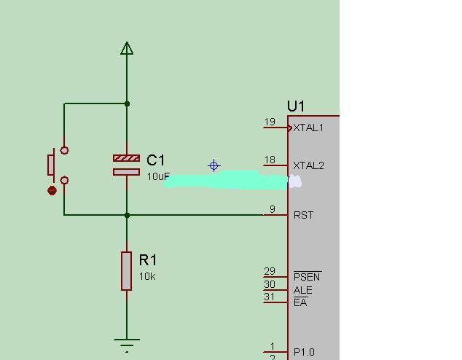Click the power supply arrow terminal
tap(127, 48)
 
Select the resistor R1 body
tap(126, 271)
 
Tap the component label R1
tap(148, 260)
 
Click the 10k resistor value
tap(147, 277)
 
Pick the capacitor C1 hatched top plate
tap(126, 158)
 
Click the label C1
tap(155, 160)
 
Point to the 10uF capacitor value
tap(158, 176)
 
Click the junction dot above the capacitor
tap(127, 103)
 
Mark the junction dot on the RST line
tap(127, 216)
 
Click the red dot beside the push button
tap(52, 191)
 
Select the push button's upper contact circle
tap(64, 151)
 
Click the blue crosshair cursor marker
tap(214, 165)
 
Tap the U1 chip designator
tap(296, 106)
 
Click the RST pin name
tap(303, 216)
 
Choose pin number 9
tap(273, 209)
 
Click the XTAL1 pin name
tap(308, 128)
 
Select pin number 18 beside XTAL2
tap(270, 160)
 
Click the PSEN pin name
tap(307, 277)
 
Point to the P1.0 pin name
tap(304, 352)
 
